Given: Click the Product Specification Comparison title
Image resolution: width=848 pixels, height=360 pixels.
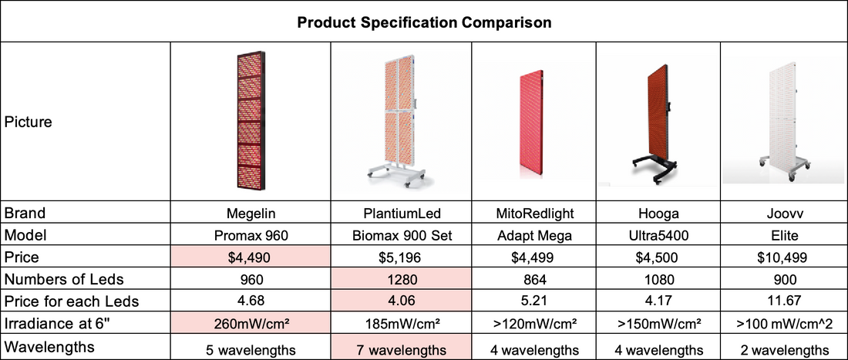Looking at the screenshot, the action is pos(425,22).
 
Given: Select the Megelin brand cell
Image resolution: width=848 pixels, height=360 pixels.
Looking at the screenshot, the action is pos(251,214).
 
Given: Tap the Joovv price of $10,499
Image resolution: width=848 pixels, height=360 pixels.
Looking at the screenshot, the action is pos(784,257).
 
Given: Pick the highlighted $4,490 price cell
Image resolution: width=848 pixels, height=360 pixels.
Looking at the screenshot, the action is pos(251,257).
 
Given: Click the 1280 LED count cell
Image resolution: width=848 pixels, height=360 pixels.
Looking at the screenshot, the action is pos(401,280).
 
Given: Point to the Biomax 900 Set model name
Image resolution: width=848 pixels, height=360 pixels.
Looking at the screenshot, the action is pos(401,235).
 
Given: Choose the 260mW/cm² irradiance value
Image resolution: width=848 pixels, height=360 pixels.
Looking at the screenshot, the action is pos(251,324).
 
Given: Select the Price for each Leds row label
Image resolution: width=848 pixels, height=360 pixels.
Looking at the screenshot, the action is pos(72,301).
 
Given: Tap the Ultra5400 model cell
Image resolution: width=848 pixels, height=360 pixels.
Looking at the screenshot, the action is pos(658,235).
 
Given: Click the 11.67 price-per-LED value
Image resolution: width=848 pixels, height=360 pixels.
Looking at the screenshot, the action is pos(784,301).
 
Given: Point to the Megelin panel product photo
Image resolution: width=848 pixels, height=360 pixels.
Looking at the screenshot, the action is pos(251,120).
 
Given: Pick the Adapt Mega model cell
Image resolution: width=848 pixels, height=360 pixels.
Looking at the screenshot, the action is pos(533,235).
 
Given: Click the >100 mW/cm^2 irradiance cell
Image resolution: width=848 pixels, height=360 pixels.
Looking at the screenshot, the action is pos(784,324).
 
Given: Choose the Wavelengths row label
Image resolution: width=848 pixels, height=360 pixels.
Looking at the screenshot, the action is pos(49,347).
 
